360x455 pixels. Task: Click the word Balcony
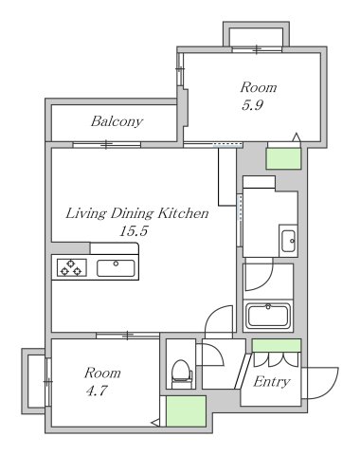(x=117, y=121)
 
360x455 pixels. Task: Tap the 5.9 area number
(x=251, y=105)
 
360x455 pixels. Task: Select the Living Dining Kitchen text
(x=136, y=214)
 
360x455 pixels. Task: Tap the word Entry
(x=272, y=382)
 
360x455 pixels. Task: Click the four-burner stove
(x=71, y=268)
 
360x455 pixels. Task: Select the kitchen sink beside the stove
(x=115, y=268)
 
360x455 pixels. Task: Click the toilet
(x=180, y=373)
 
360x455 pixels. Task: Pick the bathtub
(x=271, y=315)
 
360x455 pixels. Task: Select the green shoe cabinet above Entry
(x=277, y=345)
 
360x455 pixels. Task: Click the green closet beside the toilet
(x=187, y=411)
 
